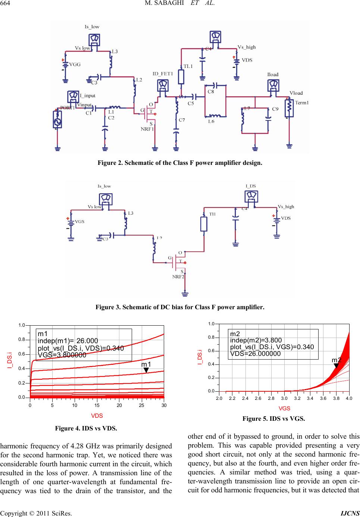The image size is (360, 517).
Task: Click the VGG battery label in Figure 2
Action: tap(75, 64)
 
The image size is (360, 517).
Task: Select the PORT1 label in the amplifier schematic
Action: tap(68, 108)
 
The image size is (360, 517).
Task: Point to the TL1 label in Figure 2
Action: tap(188, 66)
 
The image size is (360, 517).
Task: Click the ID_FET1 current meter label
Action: tap(163, 73)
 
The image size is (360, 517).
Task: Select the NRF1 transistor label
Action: tap(147, 129)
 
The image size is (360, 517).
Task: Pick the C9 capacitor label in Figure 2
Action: tap(275, 109)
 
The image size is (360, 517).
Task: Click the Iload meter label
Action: tap(273, 74)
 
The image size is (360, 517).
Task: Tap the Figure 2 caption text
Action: tap(180, 163)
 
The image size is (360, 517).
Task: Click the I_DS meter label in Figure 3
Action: tap(250, 185)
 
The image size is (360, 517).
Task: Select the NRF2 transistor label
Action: tap(178, 276)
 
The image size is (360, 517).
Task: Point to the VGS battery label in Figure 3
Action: tap(79, 221)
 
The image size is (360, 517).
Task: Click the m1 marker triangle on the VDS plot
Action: tap(146, 370)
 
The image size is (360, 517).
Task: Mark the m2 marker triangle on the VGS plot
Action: tap(336, 366)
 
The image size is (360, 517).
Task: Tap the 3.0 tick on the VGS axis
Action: tap(284, 399)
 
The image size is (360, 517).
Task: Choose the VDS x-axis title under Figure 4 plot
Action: tap(97, 416)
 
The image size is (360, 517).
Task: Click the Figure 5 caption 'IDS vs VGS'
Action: tap(273, 419)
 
